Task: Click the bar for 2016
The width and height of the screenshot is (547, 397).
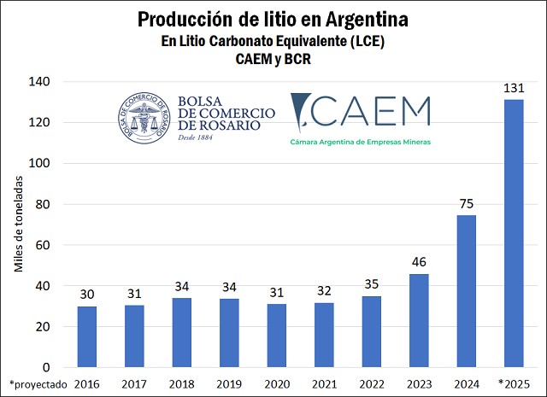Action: pyautogui.click(x=87, y=336)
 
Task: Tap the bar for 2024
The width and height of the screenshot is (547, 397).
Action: pyautogui.click(x=466, y=291)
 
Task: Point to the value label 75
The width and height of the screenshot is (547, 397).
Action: pyautogui.click(x=466, y=205)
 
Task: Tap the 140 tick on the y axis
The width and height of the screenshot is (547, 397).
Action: pyautogui.click(x=40, y=82)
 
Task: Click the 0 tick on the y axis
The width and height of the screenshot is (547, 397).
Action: pyautogui.click(x=48, y=367)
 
